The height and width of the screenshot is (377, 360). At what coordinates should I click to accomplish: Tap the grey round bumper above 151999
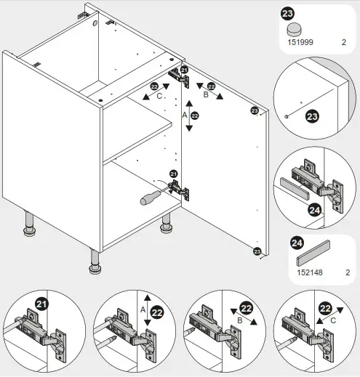click(294, 29)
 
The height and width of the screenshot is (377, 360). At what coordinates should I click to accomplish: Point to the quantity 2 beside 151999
click(343, 43)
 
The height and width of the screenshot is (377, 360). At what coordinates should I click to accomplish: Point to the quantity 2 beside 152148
click(348, 273)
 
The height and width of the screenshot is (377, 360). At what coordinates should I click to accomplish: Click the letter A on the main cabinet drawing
click(184, 115)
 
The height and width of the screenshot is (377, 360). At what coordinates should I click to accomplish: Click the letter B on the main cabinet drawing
click(206, 94)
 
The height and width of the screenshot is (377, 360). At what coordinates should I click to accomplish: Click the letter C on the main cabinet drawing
click(159, 96)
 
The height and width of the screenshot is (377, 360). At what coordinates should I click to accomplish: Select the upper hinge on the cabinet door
click(177, 75)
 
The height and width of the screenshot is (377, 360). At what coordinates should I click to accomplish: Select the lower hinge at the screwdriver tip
click(179, 190)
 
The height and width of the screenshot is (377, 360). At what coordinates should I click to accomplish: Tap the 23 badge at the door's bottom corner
click(256, 251)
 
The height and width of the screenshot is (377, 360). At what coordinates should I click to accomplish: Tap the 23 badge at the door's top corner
click(255, 110)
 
